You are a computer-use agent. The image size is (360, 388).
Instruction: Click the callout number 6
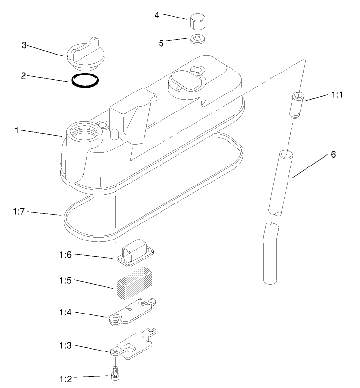[333, 155]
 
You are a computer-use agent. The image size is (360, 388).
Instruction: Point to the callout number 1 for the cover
[17, 130]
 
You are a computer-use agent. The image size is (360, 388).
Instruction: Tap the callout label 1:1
[337, 95]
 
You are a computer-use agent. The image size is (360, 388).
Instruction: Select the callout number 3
[24, 45]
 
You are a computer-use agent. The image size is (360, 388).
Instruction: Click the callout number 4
[157, 15]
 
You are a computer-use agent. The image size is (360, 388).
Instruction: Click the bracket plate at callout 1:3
[136, 346]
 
